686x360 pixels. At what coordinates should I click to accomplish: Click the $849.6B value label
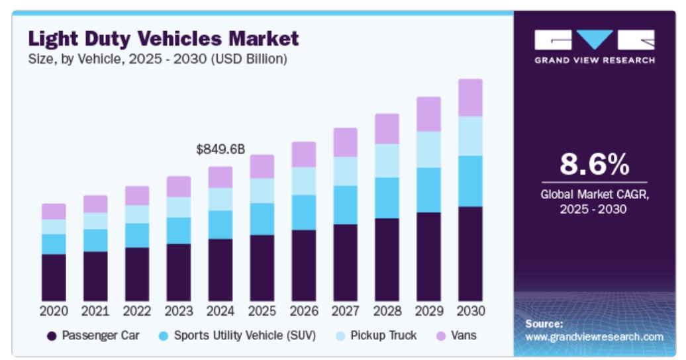point(220,150)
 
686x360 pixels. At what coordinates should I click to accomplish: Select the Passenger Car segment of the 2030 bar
point(470,253)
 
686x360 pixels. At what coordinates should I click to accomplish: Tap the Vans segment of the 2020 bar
point(54,211)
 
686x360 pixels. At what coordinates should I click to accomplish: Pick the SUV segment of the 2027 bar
point(345,204)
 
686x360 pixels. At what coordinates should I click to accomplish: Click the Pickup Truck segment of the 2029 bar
point(428,149)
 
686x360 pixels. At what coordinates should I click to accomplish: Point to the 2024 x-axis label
point(220,311)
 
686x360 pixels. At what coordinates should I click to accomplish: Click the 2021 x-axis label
point(95,311)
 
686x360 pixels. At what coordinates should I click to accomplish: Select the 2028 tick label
point(387,311)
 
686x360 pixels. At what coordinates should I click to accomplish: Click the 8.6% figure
point(594,164)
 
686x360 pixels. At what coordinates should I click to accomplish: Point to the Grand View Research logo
point(594,46)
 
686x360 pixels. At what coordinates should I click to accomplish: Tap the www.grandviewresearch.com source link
point(594,337)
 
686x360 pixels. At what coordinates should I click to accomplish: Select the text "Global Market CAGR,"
point(594,195)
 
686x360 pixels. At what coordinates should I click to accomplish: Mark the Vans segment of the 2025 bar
point(262,166)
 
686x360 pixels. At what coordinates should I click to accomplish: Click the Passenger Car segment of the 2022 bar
point(137,274)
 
